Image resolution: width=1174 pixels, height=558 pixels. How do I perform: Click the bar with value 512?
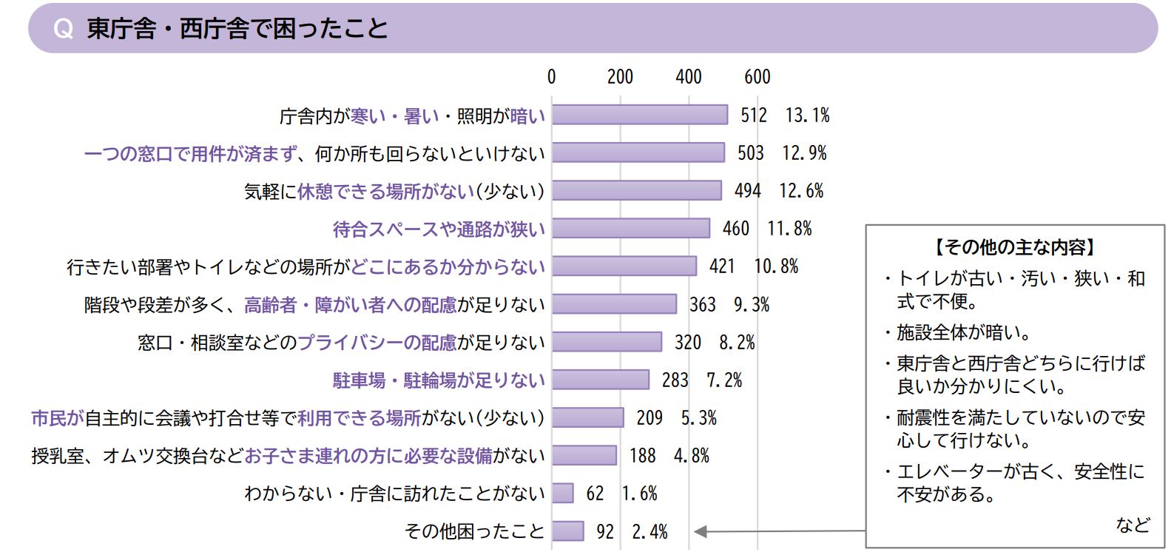(x=640, y=115)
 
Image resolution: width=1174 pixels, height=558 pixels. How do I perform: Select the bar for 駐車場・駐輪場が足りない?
(x=601, y=380)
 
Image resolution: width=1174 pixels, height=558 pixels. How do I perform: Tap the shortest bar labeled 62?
(x=563, y=493)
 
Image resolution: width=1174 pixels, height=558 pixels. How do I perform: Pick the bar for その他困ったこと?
(x=568, y=531)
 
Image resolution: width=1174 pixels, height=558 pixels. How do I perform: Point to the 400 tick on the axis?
(x=688, y=77)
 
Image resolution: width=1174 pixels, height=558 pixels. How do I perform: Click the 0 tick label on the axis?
(x=551, y=77)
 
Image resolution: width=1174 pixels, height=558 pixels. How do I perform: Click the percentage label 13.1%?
(x=807, y=115)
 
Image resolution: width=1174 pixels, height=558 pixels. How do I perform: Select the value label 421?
(x=722, y=266)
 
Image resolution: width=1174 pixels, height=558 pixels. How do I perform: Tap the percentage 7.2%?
(x=724, y=380)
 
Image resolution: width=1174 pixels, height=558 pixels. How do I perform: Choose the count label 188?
(x=643, y=456)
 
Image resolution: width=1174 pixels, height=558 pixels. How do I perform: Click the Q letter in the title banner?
(x=64, y=29)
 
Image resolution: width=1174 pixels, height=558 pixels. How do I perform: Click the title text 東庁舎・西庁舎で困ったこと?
(x=237, y=29)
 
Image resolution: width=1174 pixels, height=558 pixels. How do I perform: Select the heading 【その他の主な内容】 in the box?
(x=1014, y=247)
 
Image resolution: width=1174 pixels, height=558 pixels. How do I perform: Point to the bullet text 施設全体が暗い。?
(x=963, y=332)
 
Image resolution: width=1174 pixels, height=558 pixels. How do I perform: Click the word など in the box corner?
(x=1133, y=525)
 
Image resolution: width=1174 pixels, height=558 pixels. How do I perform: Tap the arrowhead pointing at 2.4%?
(x=700, y=531)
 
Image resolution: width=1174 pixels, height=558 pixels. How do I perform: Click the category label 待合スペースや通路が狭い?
(x=439, y=229)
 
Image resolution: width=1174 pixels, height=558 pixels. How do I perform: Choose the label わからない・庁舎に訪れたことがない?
(x=394, y=494)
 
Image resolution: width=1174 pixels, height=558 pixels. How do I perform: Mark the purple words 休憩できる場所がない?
(x=385, y=192)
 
